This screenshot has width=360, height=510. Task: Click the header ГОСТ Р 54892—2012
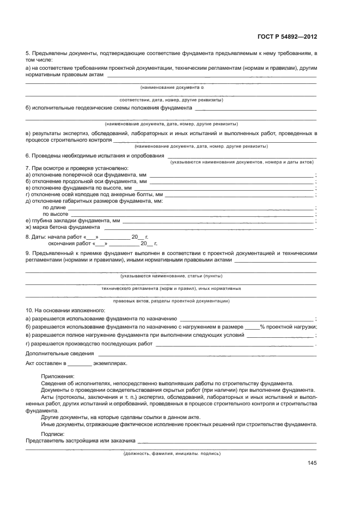tap(286, 37)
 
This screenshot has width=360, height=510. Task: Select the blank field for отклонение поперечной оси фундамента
tap(231, 176)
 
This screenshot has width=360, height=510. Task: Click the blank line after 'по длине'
tap(191, 208)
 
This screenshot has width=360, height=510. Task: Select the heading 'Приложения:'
tap(58, 376)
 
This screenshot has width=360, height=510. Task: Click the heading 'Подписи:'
tap(52, 434)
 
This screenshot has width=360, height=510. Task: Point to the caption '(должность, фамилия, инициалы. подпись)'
tap(172, 453)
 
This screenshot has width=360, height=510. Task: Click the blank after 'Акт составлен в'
tap(80, 362)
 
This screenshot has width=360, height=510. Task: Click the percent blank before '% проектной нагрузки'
tap(252, 327)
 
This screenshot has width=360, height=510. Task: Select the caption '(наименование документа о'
tap(172, 87)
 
